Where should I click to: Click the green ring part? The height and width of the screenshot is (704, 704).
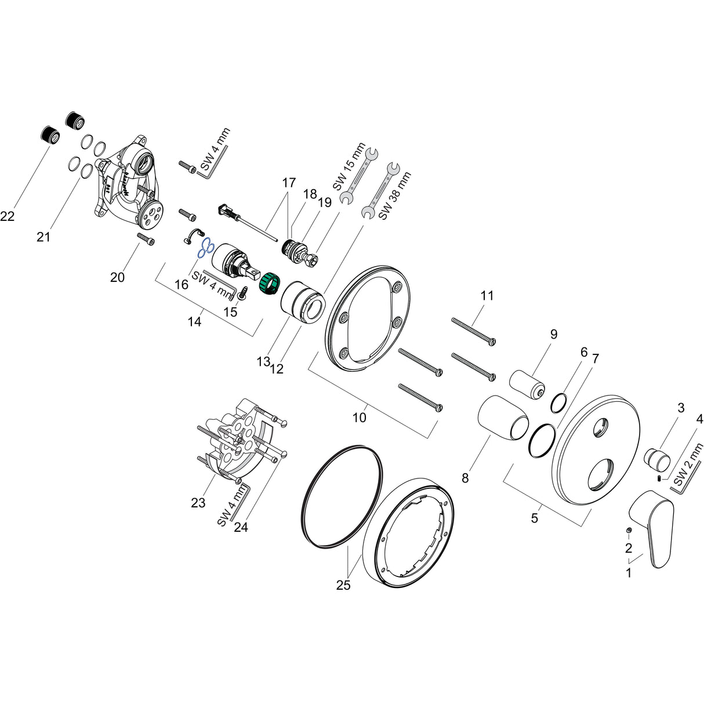pos(269,284)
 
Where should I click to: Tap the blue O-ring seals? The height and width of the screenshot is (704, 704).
pos(204,249)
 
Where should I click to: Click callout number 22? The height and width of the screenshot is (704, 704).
pos(8,216)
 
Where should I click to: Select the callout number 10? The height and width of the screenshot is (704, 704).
pos(360,417)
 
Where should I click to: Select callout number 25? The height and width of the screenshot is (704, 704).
pos(343,585)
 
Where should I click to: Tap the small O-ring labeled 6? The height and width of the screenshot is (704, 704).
pos(558,402)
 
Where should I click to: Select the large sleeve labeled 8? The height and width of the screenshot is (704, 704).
pos(503,416)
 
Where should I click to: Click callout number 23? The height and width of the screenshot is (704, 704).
pos(198,503)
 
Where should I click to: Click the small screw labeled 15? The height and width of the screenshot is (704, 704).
pos(244,292)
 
